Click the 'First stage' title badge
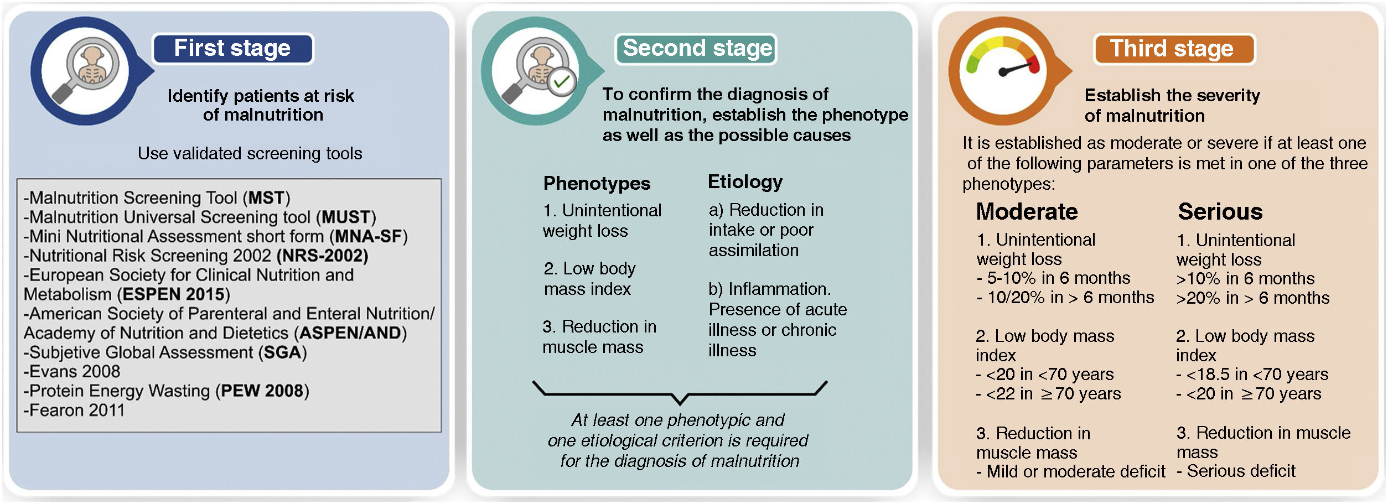232,49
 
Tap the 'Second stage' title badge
696,49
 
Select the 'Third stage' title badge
1173,49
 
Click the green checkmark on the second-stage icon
562,82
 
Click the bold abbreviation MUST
346,217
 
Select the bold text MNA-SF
368,236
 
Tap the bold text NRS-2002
323,256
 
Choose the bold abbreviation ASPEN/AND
350,333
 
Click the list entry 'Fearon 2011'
75,411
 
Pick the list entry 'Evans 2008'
72,372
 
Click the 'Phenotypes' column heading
597,183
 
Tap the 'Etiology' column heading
745,181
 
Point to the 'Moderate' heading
1027,211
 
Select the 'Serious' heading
1220,211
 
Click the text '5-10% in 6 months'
1058,278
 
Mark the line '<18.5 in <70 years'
1256,375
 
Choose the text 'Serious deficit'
1241,471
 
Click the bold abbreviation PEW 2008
262,391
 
